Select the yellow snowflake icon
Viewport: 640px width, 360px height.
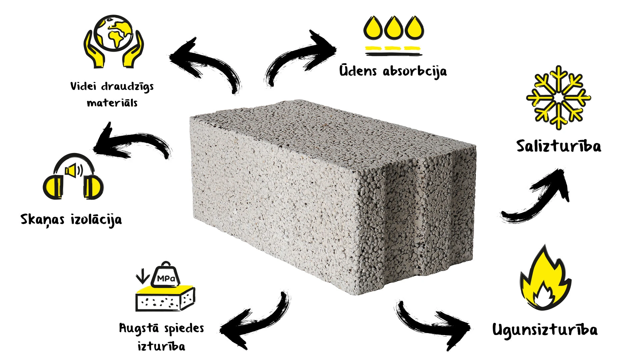(x=558, y=98)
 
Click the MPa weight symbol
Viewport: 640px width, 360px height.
(x=165, y=275)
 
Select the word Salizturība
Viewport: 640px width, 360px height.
(x=559, y=146)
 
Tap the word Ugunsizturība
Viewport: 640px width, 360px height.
(x=545, y=330)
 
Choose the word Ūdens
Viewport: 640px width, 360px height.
(x=358, y=70)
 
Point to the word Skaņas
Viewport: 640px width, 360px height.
(x=42, y=220)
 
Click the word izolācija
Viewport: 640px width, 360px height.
(x=96, y=220)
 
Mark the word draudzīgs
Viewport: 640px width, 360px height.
(x=127, y=87)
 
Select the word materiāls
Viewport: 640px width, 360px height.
(x=112, y=103)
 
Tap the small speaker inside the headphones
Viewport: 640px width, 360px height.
(x=74, y=171)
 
